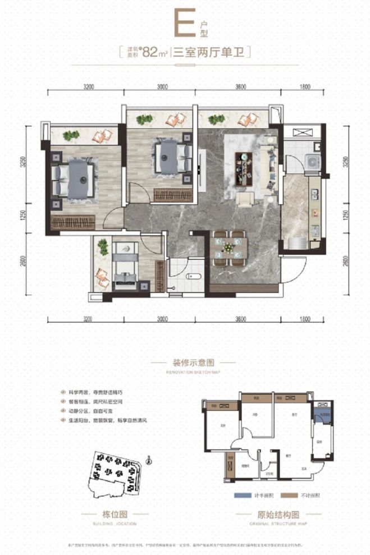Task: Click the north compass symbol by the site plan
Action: tap(148, 462)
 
